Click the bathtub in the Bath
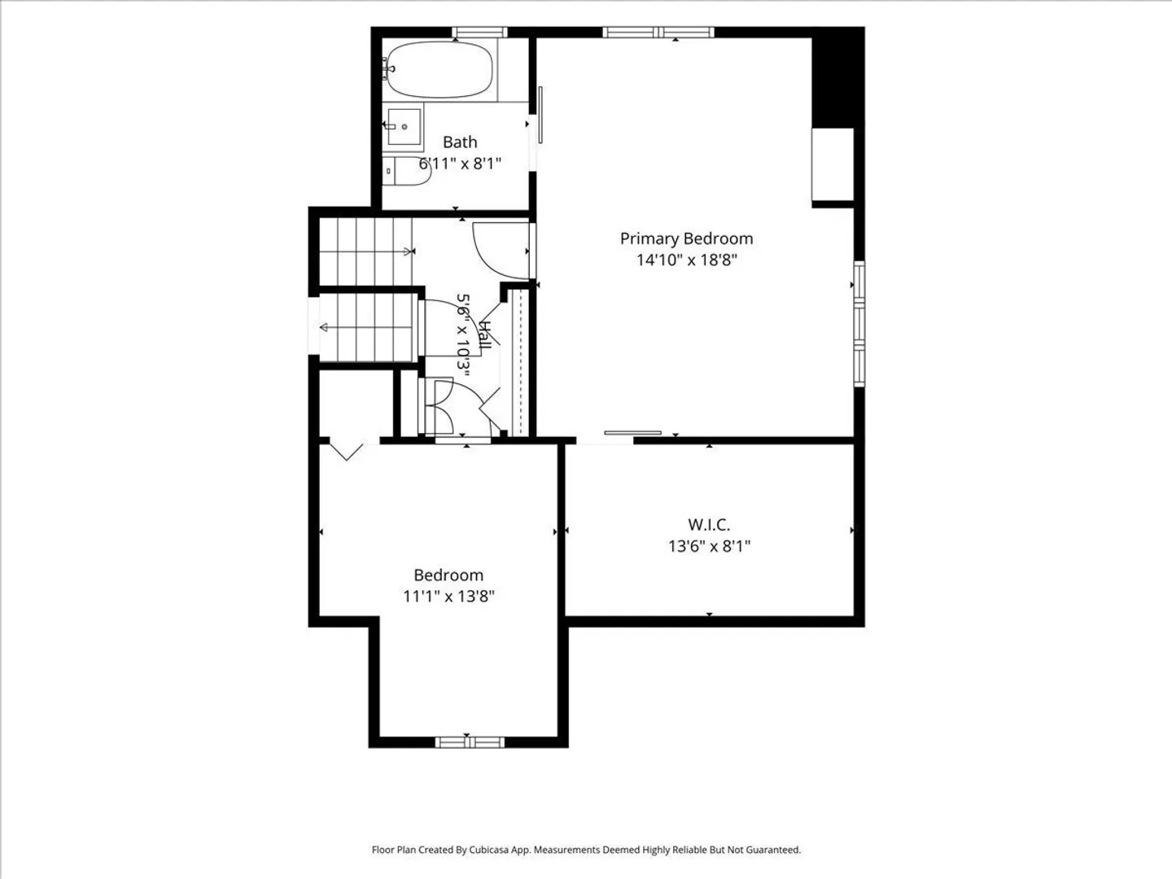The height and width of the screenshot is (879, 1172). pyautogui.click(x=439, y=69)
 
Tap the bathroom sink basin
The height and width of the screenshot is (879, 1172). pyautogui.click(x=404, y=126)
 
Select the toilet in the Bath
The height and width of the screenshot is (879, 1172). pyautogui.click(x=407, y=171)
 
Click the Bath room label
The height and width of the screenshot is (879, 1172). pyautogui.click(x=460, y=142)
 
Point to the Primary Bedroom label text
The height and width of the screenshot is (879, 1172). pyautogui.click(x=687, y=238)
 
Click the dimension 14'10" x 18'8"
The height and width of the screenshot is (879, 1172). pyautogui.click(x=687, y=260)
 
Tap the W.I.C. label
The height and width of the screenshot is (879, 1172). pyautogui.click(x=709, y=525)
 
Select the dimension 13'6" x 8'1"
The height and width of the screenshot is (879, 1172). pyautogui.click(x=710, y=546)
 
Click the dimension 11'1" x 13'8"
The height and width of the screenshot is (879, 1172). pyautogui.click(x=448, y=596)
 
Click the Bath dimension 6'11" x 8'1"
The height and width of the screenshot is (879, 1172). pyautogui.click(x=460, y=164)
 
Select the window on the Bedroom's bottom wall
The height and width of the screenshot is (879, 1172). pyautogui.click(x=470, y=741)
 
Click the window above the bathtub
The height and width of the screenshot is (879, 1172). pyautogui.click(x=479, y=33)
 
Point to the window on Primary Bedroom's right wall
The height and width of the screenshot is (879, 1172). pyautogui.click(x=859, y=324)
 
